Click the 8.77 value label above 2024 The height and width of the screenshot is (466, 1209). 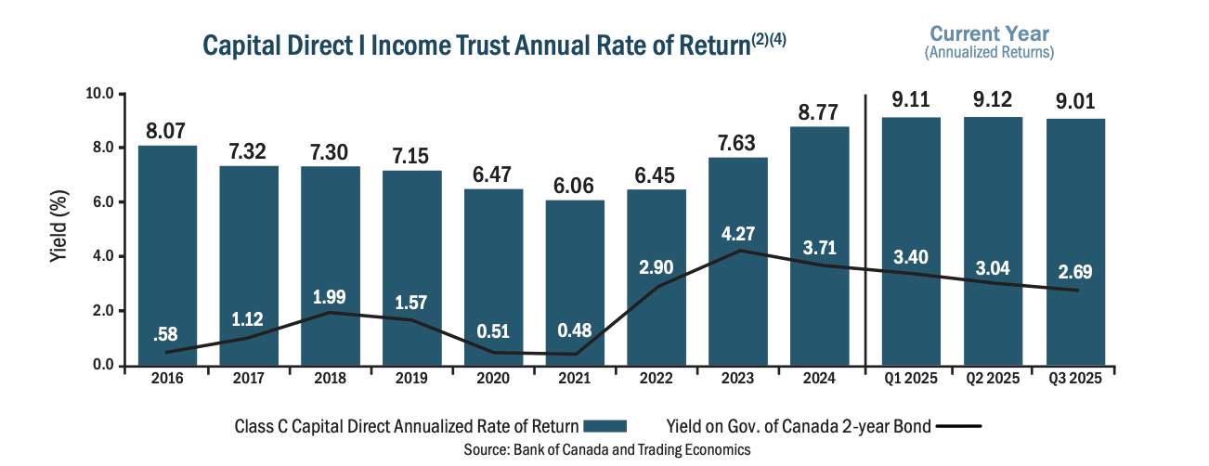(819, 113)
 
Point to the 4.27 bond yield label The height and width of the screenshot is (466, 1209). (738, 232)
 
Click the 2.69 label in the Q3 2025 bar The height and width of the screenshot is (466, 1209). (1074, 272)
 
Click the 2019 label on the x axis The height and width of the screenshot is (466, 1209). (411, 379)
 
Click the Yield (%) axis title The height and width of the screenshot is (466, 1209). (58, 229)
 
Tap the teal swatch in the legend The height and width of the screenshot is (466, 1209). (606, 426)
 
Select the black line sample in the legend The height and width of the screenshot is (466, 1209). (957, 426)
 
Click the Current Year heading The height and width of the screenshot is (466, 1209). (989, 34)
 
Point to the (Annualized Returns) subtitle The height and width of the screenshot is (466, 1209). (989, 53)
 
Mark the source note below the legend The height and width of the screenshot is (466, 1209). (606, 449)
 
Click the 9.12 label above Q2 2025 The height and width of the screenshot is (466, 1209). (994, 99)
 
